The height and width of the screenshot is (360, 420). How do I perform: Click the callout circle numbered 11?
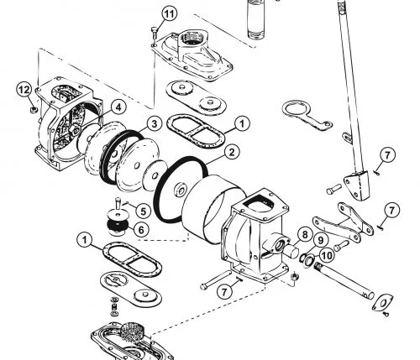(x=170, y=14)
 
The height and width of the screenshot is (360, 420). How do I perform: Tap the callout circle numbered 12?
(x=24, y=90)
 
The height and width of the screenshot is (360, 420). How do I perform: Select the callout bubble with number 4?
(x=119, y=107)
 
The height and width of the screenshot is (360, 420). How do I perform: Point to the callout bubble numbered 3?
(x=155, y=124)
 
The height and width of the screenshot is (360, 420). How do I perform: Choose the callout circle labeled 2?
(x=232, y=153)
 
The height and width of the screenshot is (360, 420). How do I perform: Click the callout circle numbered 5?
(x=143, y=211)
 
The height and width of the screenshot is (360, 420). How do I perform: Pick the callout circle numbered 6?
(x=141, y=230)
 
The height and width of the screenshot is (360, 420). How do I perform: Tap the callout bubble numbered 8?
(x=305, y=235)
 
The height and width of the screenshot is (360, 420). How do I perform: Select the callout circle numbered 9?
(x=320, y=240)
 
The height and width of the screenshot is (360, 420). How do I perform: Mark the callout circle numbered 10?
(x=327, y=255)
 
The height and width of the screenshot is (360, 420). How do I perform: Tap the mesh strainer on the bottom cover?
(x=132, y=332)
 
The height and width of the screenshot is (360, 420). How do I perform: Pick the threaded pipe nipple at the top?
(x=256, y=19)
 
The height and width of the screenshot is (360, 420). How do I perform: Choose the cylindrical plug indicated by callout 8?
(x=291, y=251)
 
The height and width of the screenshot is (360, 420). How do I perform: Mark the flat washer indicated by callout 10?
(x=309, y=261)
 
